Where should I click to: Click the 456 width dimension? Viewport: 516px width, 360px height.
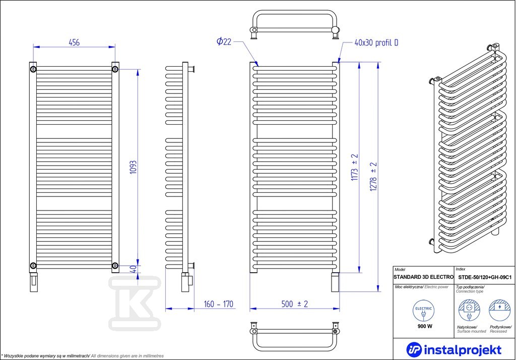74,42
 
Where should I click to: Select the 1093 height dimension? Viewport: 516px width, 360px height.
134,168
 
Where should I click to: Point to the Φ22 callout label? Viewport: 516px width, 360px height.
224,41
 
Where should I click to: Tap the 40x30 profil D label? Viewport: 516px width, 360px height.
376,43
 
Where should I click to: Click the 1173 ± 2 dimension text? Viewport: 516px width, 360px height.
354,167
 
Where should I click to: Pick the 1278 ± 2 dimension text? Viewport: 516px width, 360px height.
373,176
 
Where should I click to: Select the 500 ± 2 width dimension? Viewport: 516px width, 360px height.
294,303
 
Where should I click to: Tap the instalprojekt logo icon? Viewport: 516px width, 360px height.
414,349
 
